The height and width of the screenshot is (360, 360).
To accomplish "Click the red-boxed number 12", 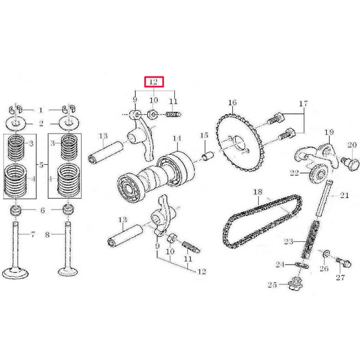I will click(x=153, y=82).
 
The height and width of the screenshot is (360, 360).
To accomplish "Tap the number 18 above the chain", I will click(x=256, y=192).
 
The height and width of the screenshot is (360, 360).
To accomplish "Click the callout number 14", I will click(x=177, y=140).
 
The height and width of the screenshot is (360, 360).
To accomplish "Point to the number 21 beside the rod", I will click(x=344, y=196).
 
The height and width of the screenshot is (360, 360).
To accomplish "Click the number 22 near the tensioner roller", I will click(x=294, y=174).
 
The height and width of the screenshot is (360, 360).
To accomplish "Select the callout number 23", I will click(x=288, y=242).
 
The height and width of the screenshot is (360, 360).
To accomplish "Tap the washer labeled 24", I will click(x=300, y=265).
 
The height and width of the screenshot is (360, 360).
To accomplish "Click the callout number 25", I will click(x=272, y=286).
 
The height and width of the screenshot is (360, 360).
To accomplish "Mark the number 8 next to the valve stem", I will click(x=47, y=235).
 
